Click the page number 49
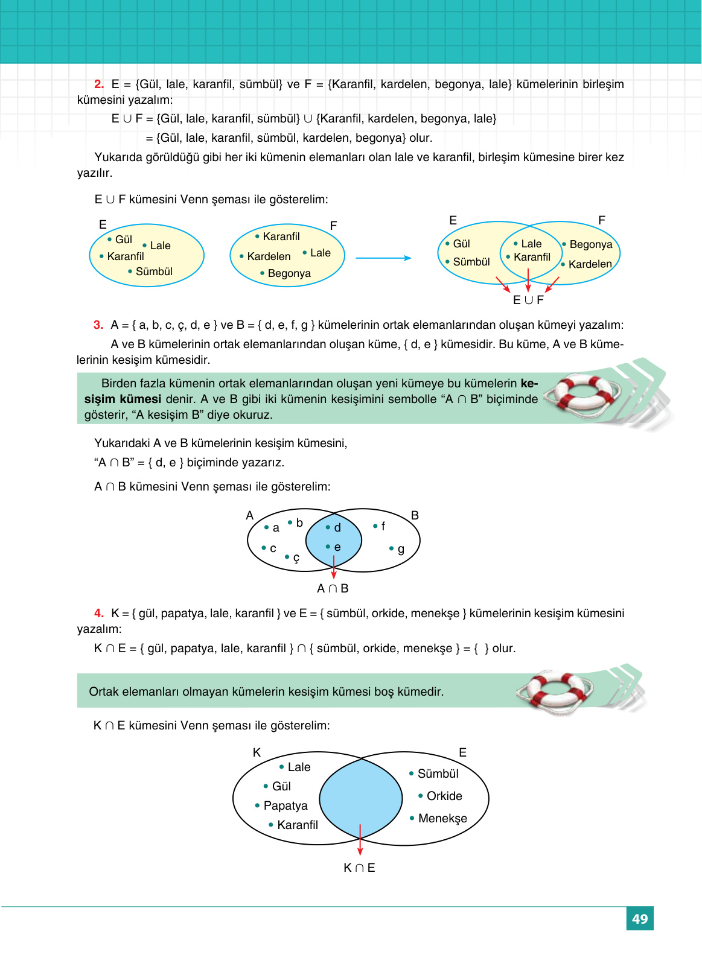click(x=639, y=919)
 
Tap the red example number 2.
click(x=99, y=84)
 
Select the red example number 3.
click(x=98, y=325)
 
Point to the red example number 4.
click(x=99, y=614)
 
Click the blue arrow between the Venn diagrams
click(x=383, y=258)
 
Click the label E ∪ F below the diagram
click(x=528, y=300)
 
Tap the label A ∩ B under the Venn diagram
click(x=333, y=588)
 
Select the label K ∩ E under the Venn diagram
click(x=359, y=868)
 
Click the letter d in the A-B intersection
click(x=337, y=528)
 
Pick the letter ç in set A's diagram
click(x=296, y=557)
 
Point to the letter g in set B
click(x=401, y=549)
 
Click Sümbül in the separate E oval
click(x=154, y=272)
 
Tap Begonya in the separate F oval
click(x=289, y=273)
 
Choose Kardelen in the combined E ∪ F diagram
click(x=590, y=264)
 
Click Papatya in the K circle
click(x=286, y=806)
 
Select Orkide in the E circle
click(x=444, y=796)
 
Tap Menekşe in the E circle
click(x=442, y=819)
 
